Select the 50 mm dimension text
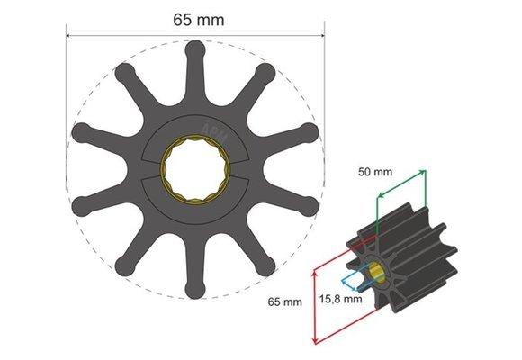[x=377, y=170]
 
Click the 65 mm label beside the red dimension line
[x=283, y=301]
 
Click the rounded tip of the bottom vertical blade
[x=195, y=291]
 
